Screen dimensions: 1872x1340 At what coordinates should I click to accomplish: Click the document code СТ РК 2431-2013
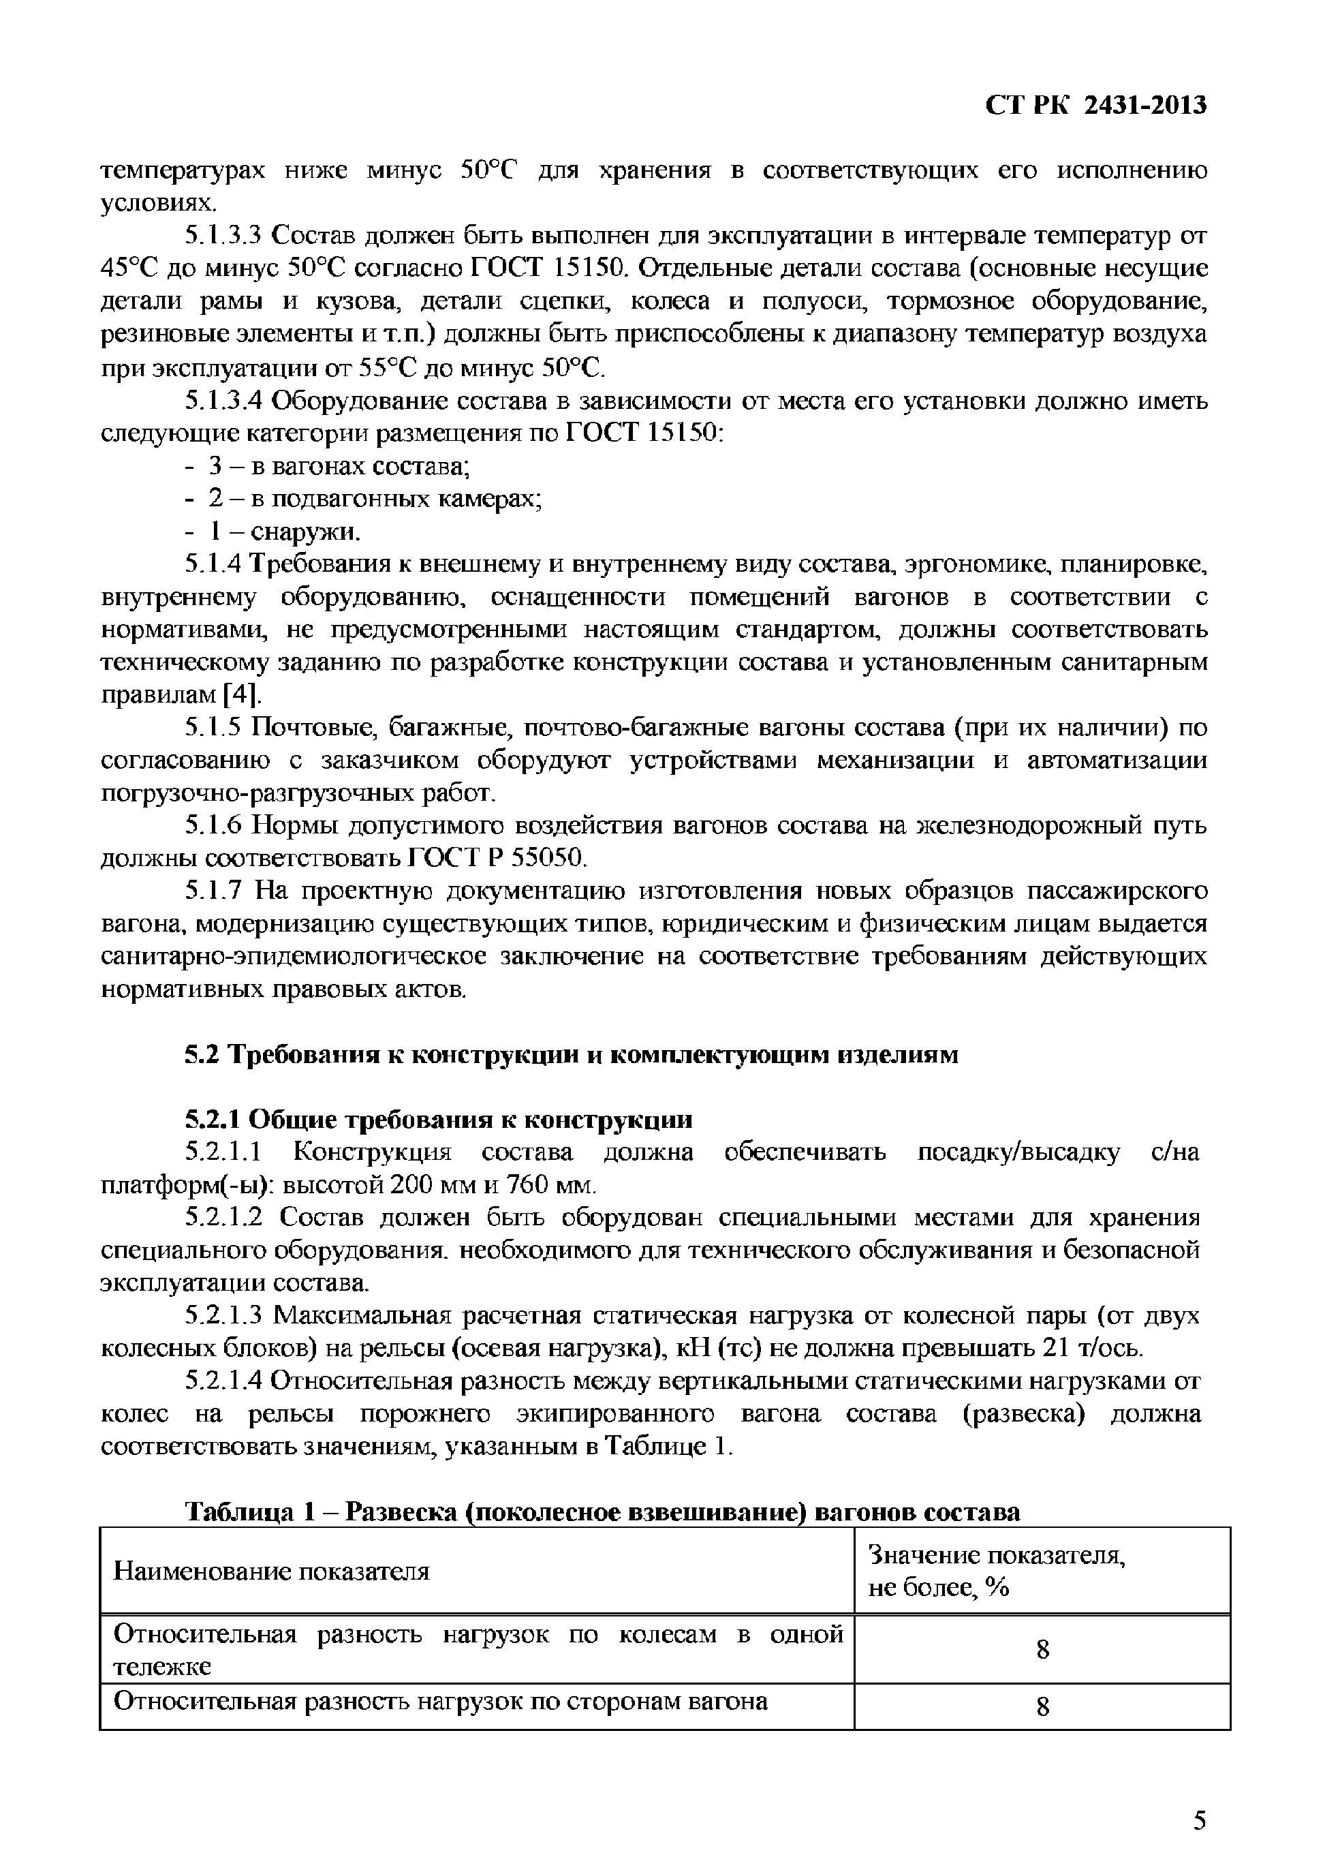(x=1095, y=105)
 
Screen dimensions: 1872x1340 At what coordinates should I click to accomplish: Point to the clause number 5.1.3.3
(x=222, y=236)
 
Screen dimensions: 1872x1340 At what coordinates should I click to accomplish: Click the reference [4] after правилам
(x=242, y=695)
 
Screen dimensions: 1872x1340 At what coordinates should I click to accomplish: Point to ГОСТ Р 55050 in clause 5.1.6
(x=497, y=859)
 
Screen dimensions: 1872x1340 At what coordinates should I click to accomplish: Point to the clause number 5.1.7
(x=214, y=891)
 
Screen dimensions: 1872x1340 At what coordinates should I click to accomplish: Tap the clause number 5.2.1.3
(x=222, y=1316)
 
